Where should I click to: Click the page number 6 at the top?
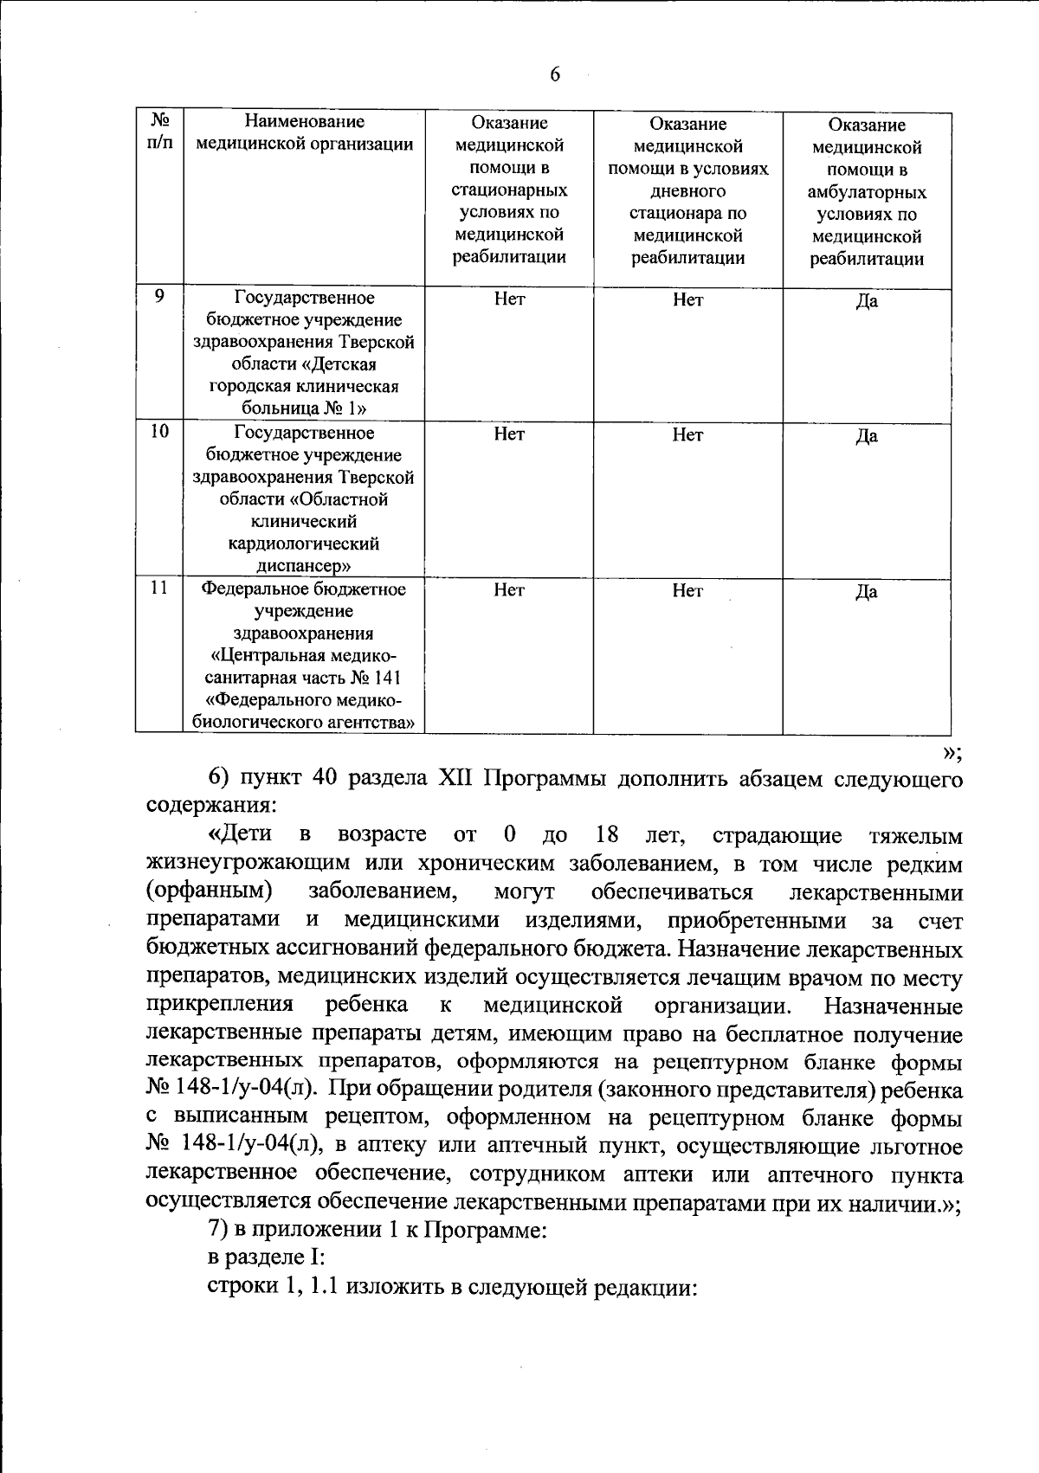[555, 75]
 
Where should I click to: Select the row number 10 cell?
[159, 432]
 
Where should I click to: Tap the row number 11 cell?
[159, 589]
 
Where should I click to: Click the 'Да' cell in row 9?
[867, 301]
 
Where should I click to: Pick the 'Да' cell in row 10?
[867, 436]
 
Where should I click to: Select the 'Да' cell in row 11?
[867, 592]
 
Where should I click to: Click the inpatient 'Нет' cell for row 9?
[509, 299]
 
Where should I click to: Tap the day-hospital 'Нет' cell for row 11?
[687, 590]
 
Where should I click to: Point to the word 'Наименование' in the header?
[304, 122]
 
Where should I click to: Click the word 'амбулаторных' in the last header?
[867, 192]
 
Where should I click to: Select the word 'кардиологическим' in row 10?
[304, 544]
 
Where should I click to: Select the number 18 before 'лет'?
[607, 835]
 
